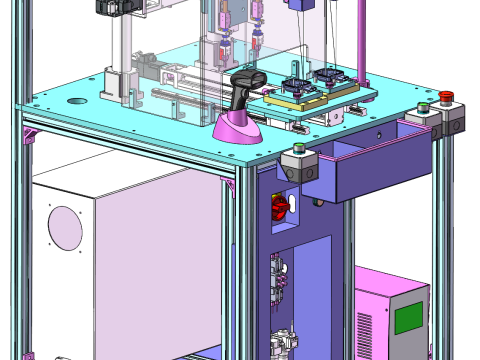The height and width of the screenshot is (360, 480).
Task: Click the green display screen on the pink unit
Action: click(408, 317)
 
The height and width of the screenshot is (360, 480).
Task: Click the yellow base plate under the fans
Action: click(300, 103)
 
